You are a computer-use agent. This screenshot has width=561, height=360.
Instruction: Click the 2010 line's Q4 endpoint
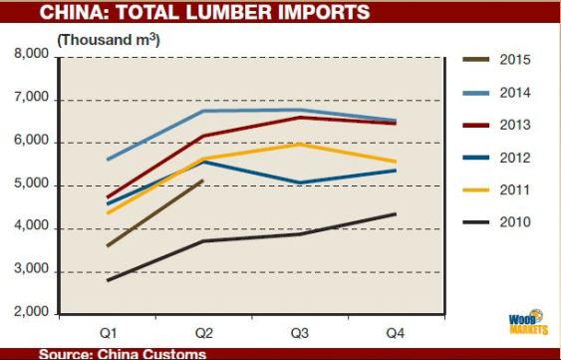[x=396, y=214]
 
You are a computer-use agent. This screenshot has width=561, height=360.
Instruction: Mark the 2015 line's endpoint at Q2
[x=203, y=180]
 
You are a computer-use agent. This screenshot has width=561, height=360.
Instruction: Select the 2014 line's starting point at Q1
[x=107, y=160]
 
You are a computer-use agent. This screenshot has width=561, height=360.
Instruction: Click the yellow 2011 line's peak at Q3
[x=299, y=144]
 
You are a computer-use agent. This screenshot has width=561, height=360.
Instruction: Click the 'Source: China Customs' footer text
[x=122, y=353]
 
